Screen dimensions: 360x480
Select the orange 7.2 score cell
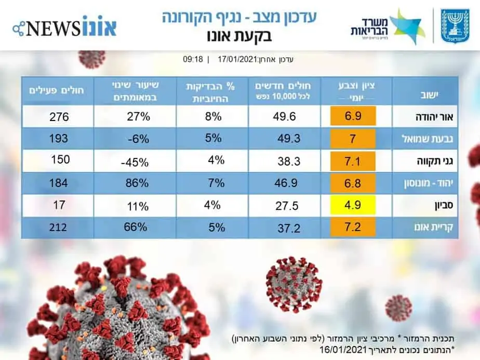(353, 226)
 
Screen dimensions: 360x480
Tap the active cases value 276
(59, 117)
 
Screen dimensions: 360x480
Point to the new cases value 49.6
(284, 116)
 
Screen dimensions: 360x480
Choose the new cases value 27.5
(286, 206)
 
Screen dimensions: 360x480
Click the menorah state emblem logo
(455, 25)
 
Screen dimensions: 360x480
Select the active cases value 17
(59, 205)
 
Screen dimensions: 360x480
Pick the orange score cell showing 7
(353, 138)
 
